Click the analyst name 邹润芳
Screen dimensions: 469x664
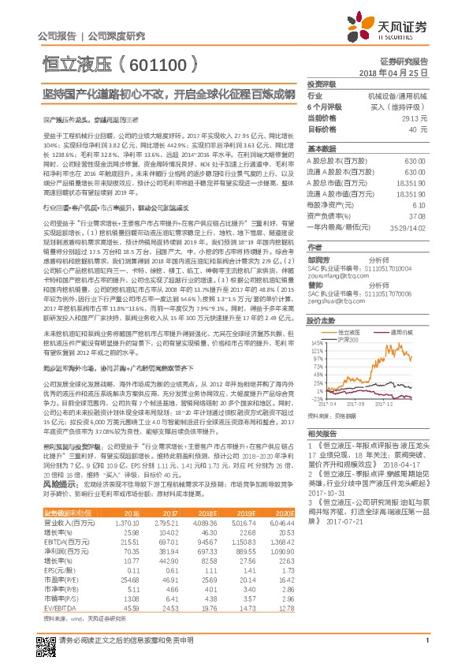320,256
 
